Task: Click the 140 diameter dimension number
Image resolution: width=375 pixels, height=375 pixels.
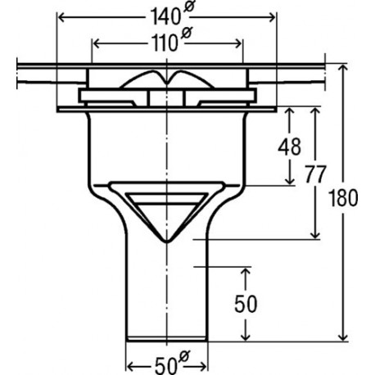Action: (x=165, y=17)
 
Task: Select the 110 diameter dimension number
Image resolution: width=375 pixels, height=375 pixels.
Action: (x=165, y=43)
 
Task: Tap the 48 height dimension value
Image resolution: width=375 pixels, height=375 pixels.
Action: (x=290, y=147)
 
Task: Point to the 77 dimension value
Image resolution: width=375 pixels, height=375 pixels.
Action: (x=315, y=174)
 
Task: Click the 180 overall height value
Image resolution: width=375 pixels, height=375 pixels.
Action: (x=343, y=198)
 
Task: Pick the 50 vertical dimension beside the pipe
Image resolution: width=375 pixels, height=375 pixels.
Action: (x=246, y=304)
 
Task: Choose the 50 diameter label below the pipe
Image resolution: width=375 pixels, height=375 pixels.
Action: (x=165, y=365)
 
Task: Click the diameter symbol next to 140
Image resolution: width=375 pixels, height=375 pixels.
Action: (x=188, y=7)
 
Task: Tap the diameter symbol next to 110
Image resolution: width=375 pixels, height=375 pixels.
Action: (x=187, y=34)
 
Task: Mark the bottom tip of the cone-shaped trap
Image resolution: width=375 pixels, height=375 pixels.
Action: (x=167, y=242)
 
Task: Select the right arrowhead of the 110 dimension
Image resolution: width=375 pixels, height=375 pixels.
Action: (x=238, y=43)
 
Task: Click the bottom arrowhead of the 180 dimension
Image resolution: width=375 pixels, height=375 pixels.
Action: (x=343, y=337)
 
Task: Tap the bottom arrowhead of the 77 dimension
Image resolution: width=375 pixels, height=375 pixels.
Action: (x=315, y=235)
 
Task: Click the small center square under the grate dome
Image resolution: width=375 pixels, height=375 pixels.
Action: (x=166, y=97)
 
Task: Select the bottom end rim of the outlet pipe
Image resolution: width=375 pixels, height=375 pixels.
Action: (x=167, y=339)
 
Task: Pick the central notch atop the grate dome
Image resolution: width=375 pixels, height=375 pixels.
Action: (x=166, y=82)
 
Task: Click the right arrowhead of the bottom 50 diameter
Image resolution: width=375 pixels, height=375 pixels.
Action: (x=202, y=367)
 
